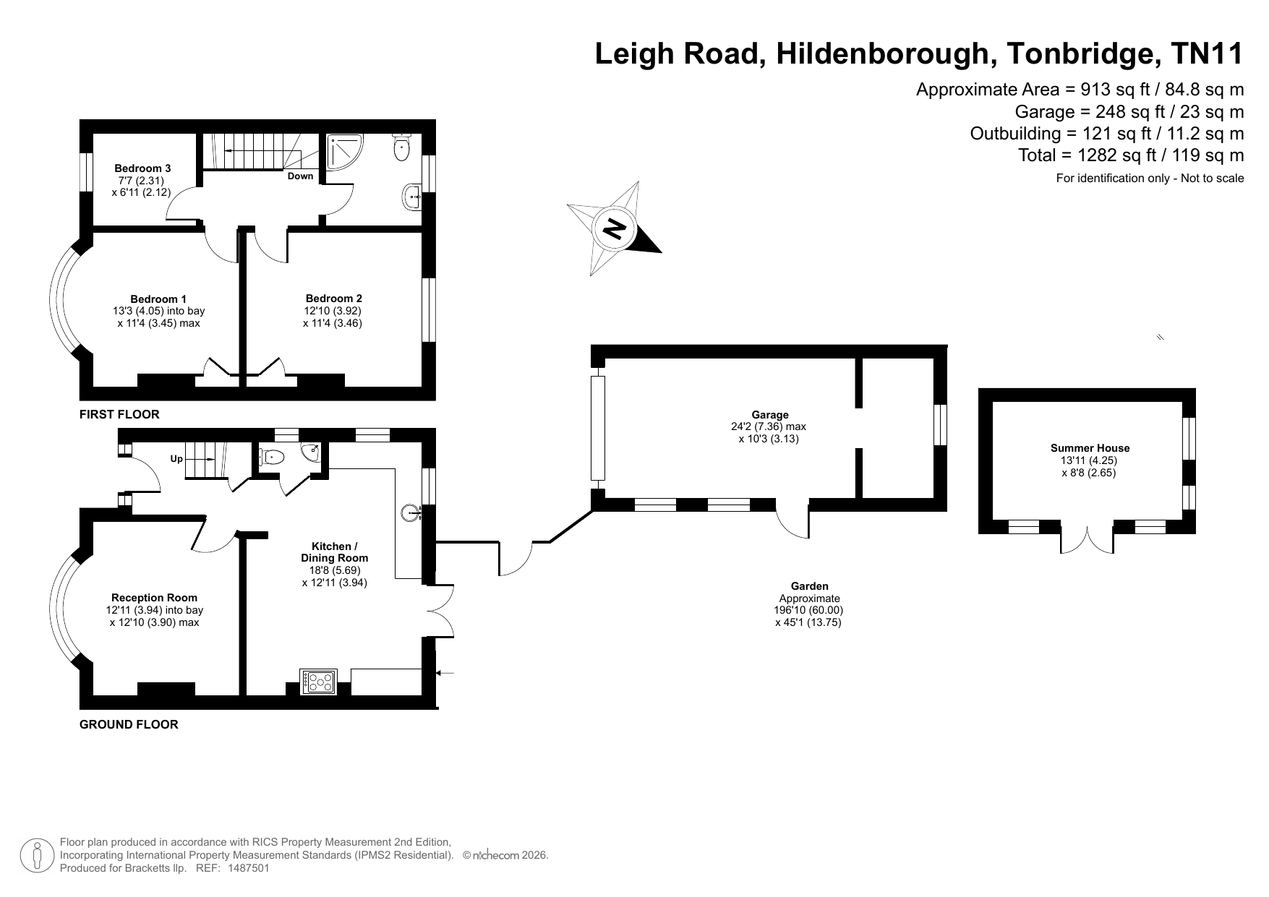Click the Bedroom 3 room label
coord(142,168)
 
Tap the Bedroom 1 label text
coord(158,299)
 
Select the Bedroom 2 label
coord(334,299)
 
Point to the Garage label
coord(770,415)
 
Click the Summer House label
coord(1090,448)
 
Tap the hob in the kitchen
coord(321,682)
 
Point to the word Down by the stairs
coord(301,176)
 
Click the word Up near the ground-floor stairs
coord(176,459)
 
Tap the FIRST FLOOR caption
coord(119,415)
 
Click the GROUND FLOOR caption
coord(129,724)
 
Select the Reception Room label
coord(154,598)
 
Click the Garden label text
coord(810,586)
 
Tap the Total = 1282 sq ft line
coord(1131,155)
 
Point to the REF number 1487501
coord(248,868)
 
